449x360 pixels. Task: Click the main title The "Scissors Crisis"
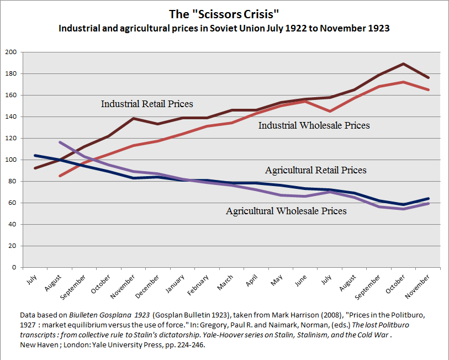point(224,14)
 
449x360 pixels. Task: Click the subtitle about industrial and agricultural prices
point(224,28)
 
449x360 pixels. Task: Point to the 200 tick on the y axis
point(11,52)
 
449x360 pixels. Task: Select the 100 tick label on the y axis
point(11,160)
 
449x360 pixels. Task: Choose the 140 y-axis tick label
point(11,117)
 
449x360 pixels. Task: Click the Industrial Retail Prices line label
point(147,104)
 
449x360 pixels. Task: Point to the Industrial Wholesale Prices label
point(314,125)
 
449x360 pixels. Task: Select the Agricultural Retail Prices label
point(315,170)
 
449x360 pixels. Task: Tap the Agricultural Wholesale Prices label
point(286,211)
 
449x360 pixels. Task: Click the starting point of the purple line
point(59,142)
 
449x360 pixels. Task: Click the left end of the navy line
point(35,156)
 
